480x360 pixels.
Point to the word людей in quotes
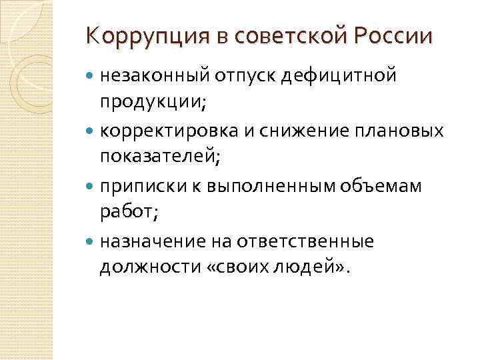point(307,266)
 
